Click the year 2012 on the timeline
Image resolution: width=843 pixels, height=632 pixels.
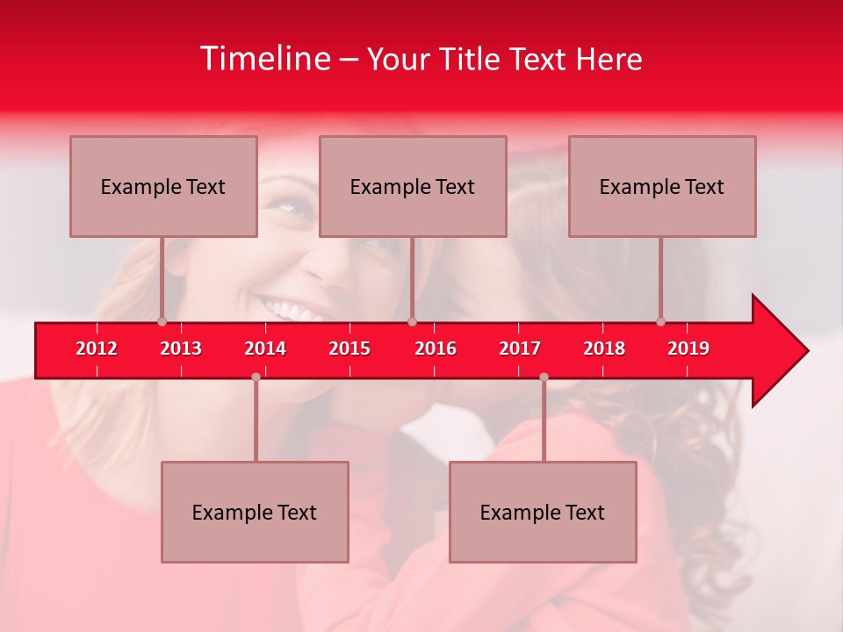point(97,348)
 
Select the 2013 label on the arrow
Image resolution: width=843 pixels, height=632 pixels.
point(181,348)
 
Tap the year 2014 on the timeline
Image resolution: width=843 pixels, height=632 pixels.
point(265,348)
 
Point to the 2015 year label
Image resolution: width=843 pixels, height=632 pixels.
point(349,348)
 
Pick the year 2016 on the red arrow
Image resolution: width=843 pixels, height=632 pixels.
point(436,348)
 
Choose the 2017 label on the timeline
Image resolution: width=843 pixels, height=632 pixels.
point(520,348)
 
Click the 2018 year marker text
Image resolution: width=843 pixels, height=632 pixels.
point(604,348)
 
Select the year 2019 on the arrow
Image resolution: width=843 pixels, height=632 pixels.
point(688,348)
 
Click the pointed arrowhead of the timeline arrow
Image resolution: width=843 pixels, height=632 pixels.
point(782,350)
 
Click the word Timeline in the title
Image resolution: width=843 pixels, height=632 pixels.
point(265,59)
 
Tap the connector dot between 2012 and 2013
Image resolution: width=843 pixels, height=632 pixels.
point(162,321)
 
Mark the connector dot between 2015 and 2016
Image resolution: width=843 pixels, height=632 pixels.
point(412,321)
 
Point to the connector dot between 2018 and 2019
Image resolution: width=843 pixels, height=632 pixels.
point(660,321)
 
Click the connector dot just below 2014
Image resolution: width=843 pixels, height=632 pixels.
point(256,377)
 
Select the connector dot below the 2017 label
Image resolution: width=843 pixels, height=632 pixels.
point(544,377)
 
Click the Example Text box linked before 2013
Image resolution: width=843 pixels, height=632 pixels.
point(163,186)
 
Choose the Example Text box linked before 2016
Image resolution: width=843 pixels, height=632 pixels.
point(413,186)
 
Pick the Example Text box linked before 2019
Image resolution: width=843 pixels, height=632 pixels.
point(662,186)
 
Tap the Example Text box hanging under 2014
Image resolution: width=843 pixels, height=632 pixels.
point(255,512)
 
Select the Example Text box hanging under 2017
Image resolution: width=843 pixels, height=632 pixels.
point(543,512)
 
